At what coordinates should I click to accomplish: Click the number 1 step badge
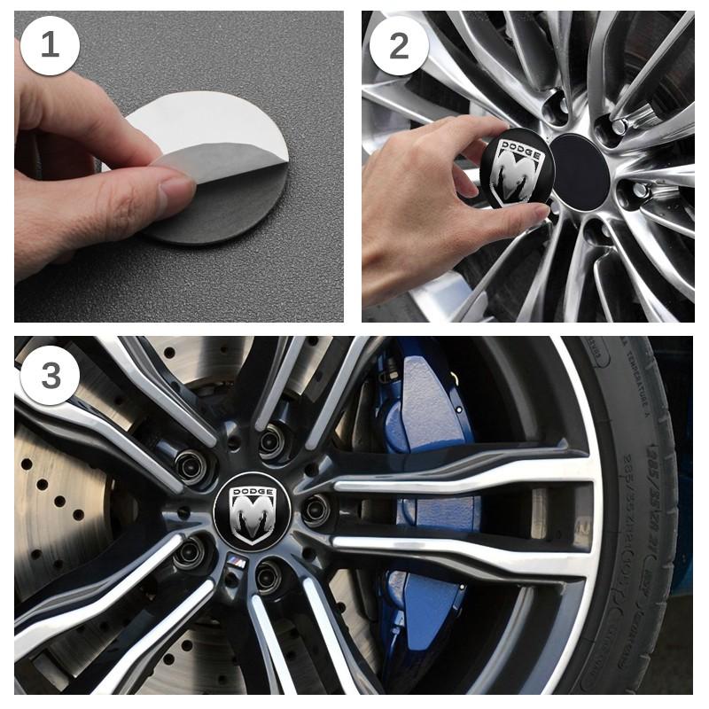50,44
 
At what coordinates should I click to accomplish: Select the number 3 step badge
50,375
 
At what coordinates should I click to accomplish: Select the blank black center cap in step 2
580,171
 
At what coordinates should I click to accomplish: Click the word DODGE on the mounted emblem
252,490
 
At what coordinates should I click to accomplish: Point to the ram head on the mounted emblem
252,518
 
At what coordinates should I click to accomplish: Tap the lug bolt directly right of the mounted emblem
316,510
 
